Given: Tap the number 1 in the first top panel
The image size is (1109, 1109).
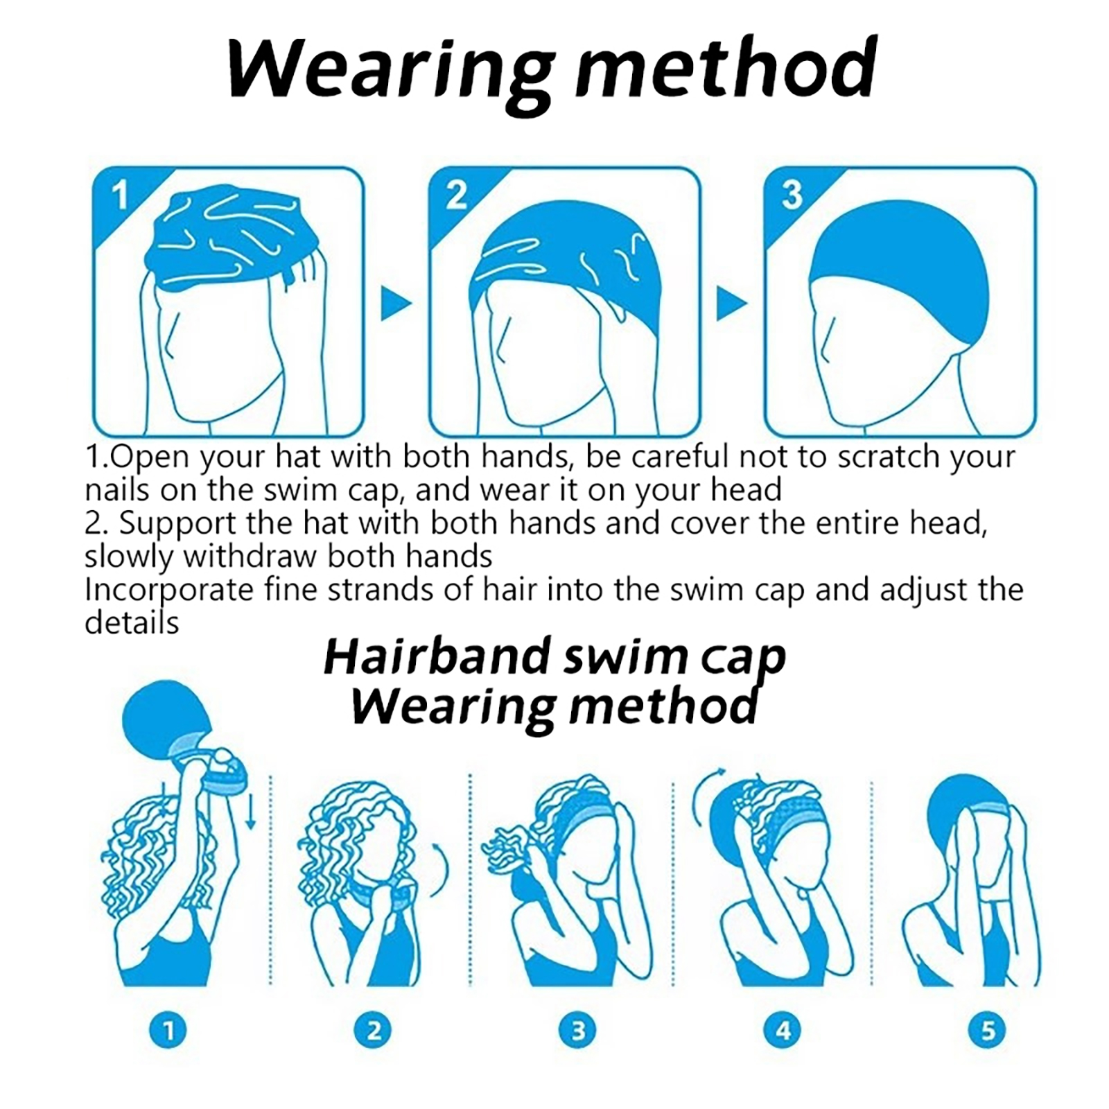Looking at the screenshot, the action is (121, 195).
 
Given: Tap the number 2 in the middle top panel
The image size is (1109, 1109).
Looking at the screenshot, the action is (456, 195).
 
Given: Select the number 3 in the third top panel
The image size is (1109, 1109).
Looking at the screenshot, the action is (792, 195).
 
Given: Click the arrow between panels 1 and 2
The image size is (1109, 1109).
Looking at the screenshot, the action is (395, 303).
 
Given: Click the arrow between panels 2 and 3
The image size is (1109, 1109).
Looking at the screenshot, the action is (731, 303).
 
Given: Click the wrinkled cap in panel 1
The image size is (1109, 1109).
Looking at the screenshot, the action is (236, 239).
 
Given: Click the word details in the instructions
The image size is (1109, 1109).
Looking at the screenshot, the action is (132, 622).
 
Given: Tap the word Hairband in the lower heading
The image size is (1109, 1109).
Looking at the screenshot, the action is (439, 656).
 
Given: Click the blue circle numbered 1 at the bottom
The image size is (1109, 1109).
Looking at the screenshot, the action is (168, 1031).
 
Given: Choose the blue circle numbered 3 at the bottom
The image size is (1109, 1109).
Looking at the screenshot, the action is (579, 1031).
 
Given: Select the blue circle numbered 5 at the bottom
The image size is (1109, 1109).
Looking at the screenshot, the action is (988, 1031).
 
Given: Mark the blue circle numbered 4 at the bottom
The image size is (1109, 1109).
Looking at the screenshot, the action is (783, 1031).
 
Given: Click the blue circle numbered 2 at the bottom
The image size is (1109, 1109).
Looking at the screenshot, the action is (374, 1031).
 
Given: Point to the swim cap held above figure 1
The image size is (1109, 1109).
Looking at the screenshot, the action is (164, 720).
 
